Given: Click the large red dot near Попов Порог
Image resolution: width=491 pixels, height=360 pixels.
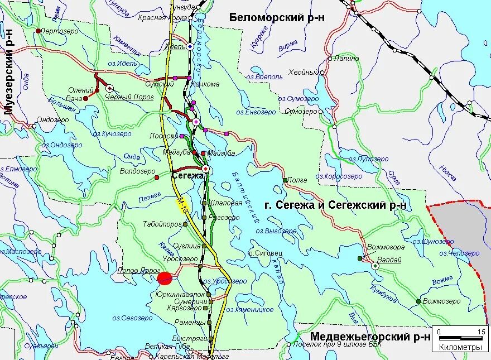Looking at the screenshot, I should click(165, 278).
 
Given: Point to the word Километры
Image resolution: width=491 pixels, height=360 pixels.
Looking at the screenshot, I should click(460, 347).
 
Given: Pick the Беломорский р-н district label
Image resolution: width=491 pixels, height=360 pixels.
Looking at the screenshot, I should click(277, 17).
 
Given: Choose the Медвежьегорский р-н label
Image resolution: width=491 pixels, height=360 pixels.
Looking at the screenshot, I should click(370, 336).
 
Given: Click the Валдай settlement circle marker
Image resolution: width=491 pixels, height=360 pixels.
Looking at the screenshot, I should click(376, 266).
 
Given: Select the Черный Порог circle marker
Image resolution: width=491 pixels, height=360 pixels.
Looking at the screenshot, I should click(109, 88).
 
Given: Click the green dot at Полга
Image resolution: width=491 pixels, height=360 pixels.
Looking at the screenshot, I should click(285, 180).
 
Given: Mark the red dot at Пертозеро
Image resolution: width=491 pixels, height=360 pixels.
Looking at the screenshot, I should click(37, 31).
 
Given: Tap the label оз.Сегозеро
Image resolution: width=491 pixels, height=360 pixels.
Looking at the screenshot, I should click(132, 318).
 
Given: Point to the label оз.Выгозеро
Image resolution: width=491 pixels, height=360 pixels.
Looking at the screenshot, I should click(276, 231).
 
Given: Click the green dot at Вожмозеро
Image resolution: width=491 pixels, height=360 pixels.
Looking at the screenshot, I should click(418, 301).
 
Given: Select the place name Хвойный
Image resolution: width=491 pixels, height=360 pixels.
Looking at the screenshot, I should click(302, 73).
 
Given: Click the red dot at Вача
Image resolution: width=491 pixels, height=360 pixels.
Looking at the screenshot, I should click(86, 98).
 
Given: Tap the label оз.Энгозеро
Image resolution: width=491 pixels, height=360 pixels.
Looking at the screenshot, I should click(256, 112).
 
